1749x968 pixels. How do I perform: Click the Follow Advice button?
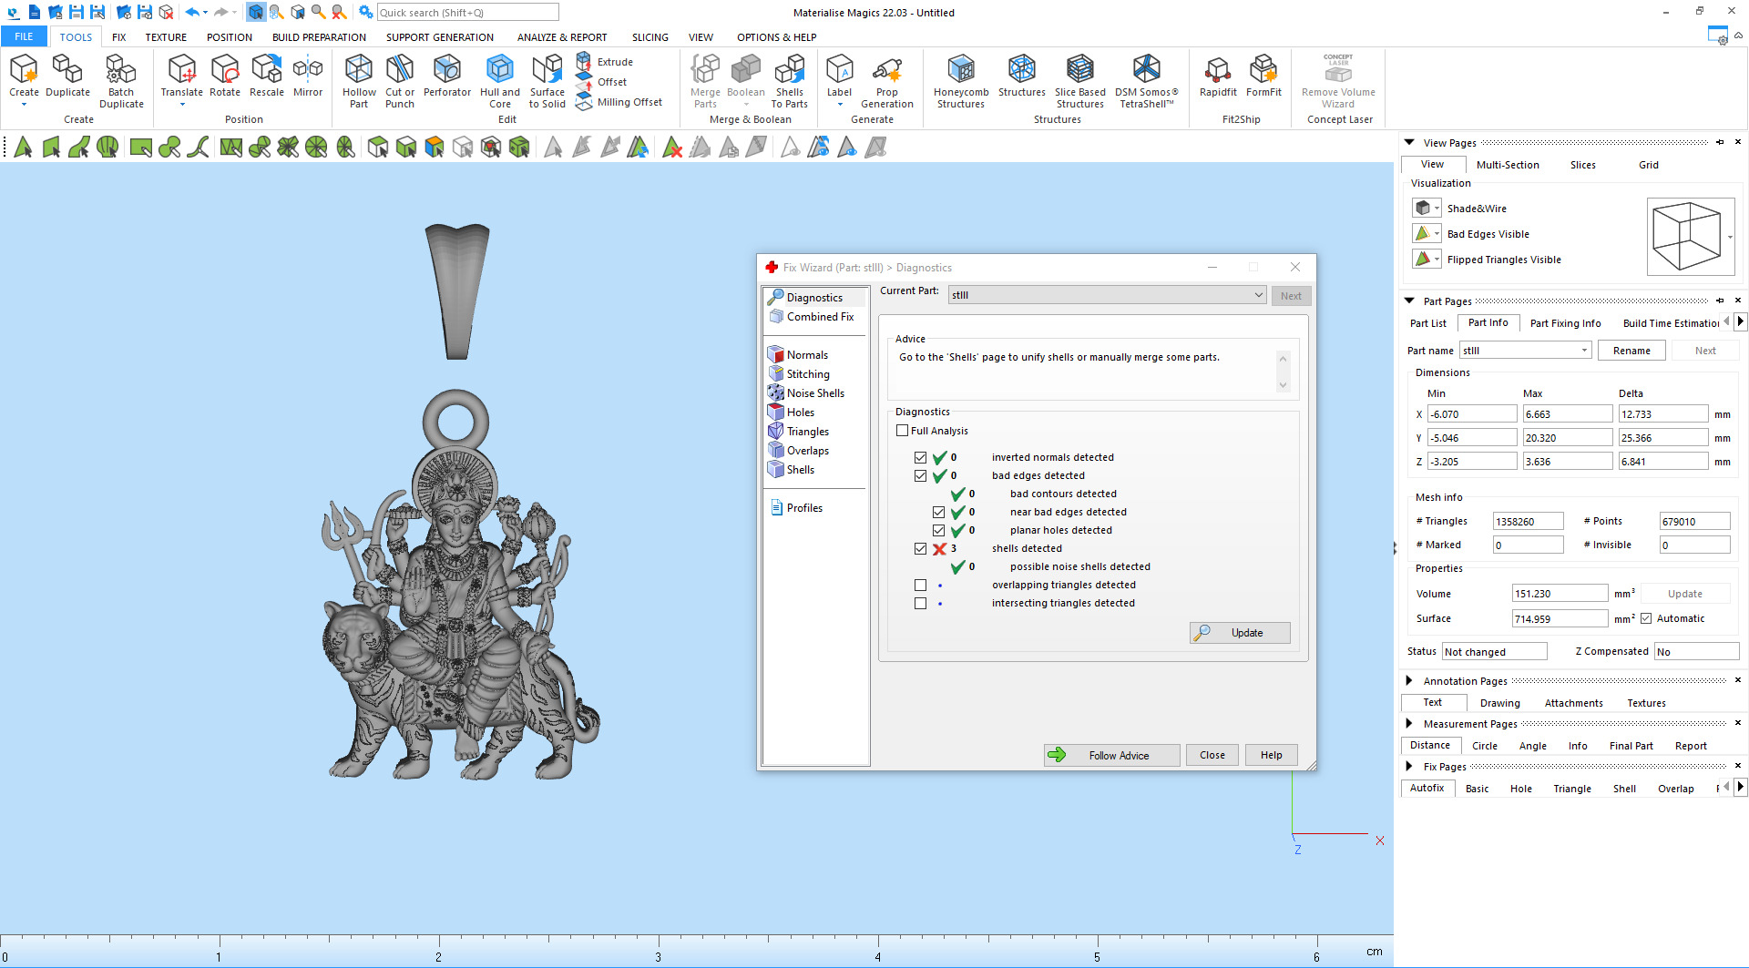pyautogui.click(x=1111, y=755)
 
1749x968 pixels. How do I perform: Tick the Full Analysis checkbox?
pyautogui.click(x=903, y=431)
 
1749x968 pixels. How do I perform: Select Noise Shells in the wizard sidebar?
pyautogui.click(x=814, y=393)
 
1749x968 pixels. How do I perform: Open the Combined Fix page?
pyautogui.click(x=819, y=317)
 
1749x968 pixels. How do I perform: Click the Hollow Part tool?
pyautogui.click(x=359, y=81)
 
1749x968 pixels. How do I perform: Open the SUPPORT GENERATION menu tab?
pyautogui.click(x=439, y=37)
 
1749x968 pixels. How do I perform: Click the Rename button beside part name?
pyautogui.click(x=1631, y=351)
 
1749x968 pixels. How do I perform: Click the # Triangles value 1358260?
pyautogui.click(x=1527, y=522)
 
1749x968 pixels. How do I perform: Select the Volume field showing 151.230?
pyautogui.click(x=1559, y=594)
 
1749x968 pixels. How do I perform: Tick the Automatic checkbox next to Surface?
pyautogui.click(x=1646, y=618)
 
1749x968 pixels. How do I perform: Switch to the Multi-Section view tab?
pyautogui.click(x=1507, y=165)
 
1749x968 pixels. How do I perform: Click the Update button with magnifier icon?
pyautogui.click(x=1240, y=633)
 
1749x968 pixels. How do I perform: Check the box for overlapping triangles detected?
pyautogui.click(x=920, y=585)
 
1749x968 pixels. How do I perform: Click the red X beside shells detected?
pyautogui.click(x=939, y=549)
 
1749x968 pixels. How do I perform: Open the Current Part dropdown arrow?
pyautogui.click(x=1258, y=295)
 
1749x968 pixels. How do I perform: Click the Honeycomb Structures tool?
pyautogui.click(x=960, y=81)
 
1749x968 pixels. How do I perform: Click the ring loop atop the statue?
pyautogui.click(x=455, y=422)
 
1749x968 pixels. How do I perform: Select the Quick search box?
pyautogui.click(x=467, y=13)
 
